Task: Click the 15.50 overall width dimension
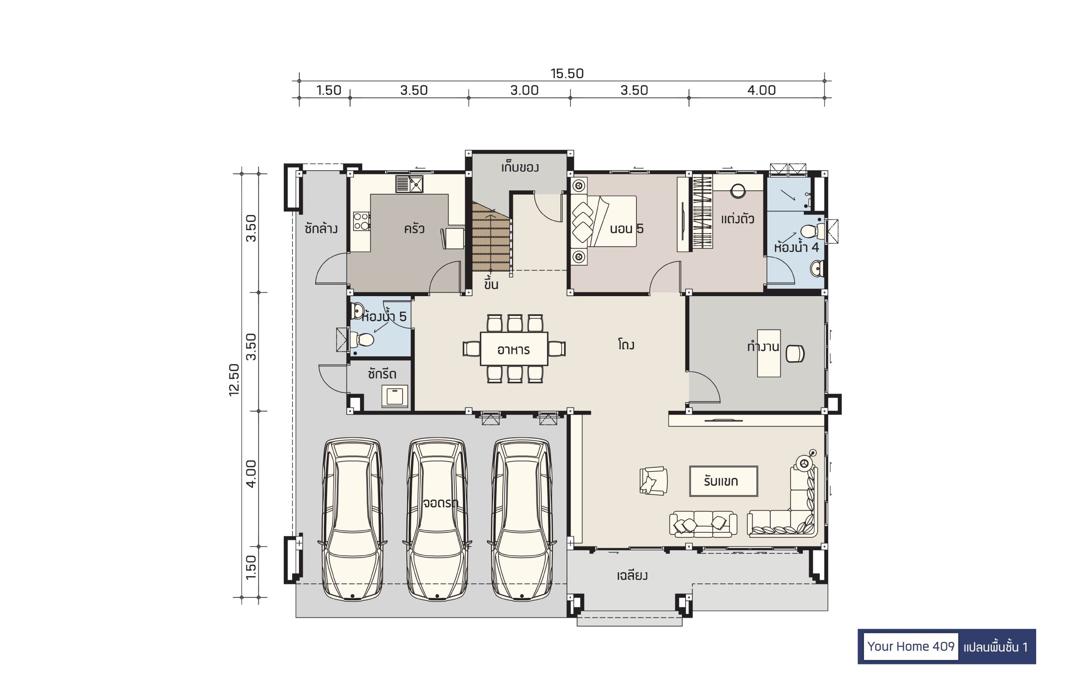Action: (567, 73)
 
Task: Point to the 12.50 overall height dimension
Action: (234, 379)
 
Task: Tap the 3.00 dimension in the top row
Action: (524, 90)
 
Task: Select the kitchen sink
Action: (409, 184)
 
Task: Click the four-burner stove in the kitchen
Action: (361, 221)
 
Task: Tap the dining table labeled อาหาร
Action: (514, 349)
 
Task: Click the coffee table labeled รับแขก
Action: (724, 481)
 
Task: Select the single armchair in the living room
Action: (653, 481)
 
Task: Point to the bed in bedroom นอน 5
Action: (604, 221)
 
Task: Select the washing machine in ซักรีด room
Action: (395, 396)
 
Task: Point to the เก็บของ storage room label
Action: (520, 167)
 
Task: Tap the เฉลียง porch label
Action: (632, 575)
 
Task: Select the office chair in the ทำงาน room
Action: (795, 354)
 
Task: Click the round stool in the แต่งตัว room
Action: (738, 191)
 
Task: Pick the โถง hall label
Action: (626, 345)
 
